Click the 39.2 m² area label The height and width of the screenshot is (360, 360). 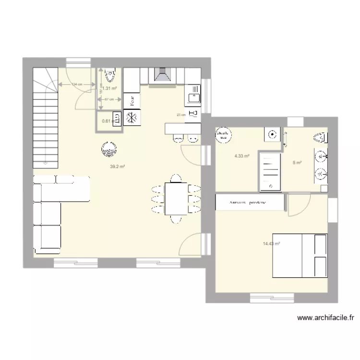click(x=117, y=167)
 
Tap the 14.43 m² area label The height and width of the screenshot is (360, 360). click(x=271, y=243)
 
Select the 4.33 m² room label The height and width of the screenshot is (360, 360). click(x=241, y=156)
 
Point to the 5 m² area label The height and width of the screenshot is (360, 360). click(x=297, y=162)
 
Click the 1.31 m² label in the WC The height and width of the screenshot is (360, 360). click(x=110, y=88)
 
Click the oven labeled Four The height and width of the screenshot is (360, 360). click(x=131, y=100)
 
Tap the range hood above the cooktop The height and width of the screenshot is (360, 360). click(x=163, y=75)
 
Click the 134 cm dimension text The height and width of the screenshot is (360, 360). click(x=76, y=84)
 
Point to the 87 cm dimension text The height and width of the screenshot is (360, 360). click(x=109, y=99)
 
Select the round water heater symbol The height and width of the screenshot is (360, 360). click(x=222, y=135)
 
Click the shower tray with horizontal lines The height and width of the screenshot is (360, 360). click(x=270, y=170)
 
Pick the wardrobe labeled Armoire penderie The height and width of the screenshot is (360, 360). click(x=248, y=203)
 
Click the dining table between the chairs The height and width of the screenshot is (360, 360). click(x=176, y=199)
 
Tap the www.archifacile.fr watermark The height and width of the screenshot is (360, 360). click(x=326, y=317)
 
